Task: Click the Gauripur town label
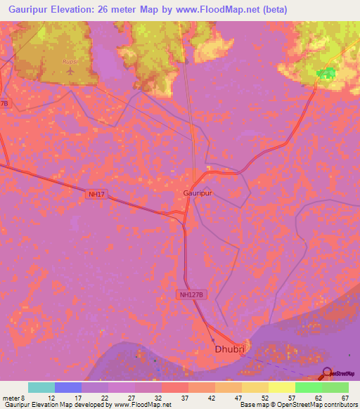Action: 198,192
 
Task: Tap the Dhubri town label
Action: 229,349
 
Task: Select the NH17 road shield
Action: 98,195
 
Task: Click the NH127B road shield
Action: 193,296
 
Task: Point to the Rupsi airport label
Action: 70,60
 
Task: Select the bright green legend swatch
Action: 308,387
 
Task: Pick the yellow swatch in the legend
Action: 281,387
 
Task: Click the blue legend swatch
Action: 67,387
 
